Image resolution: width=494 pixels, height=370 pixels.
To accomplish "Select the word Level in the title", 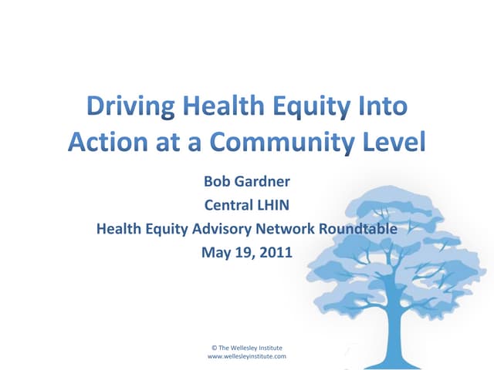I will pyautogui.click(x=387, y=143).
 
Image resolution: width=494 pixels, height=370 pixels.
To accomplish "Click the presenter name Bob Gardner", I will pyautogui.click(x=247, y=183).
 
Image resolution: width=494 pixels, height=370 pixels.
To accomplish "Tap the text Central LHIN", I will pyautogui.click(x=247, y=206).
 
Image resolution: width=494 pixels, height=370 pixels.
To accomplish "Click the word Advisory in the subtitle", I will pyautogui.click(x=215, y=228).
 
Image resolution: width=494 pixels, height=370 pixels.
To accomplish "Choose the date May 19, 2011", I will pyautogui.click(x=247, y=251).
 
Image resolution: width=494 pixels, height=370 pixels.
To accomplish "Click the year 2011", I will pyautogui.click(x=276, y=251).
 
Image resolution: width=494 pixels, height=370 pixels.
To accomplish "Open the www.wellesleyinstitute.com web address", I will pyautogui.click(x=247, y=357).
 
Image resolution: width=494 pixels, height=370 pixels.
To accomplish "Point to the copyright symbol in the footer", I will pyautogui.click(x=213, y=348).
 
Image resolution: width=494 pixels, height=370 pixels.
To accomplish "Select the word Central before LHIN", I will pyautogui.click(x=229, y=206).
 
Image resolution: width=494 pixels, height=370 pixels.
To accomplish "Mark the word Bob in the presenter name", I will pyautogui.click(x=216, y=183).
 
